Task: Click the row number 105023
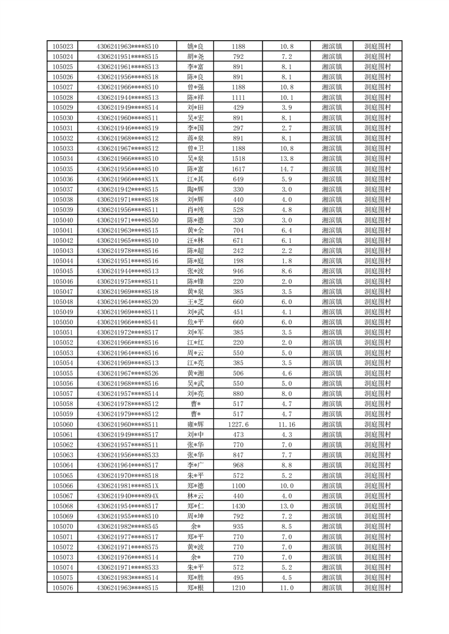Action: point(62,46)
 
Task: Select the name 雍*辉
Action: point(195,424)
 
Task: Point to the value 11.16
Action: point(287,424)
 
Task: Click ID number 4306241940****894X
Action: point(128,496)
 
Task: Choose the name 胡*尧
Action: point(195,57)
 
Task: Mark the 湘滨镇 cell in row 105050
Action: point(331,322)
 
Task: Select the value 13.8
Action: point(287,159)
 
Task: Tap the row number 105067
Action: point(62,496)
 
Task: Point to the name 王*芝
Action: point(195,302)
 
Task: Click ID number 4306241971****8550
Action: point(128,220)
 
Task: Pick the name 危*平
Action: point(195,322)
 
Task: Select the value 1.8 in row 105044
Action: point(287,261)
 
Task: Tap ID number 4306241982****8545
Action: point(128,527)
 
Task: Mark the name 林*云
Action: point(195,496)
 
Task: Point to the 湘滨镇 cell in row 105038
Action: point(331,199)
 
